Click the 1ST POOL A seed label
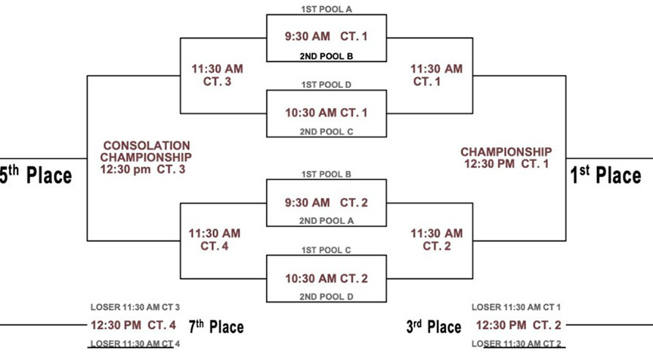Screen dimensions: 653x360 [326, 9]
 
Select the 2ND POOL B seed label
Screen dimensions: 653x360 [326, 56]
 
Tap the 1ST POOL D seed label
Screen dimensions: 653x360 [326, 85]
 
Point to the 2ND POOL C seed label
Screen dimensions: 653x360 [326, 132]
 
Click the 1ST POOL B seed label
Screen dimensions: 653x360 [326, 174]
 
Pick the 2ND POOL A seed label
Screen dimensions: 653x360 [326, 221]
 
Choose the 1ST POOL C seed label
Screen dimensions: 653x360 [326, 250]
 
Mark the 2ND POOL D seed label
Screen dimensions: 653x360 [326, 296]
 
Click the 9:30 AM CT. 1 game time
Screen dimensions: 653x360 [326, 36]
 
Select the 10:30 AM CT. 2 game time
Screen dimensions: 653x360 [326, 278]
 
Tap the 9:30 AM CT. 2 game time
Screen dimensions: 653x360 [326, 203]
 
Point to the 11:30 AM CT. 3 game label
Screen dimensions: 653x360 [217, 75]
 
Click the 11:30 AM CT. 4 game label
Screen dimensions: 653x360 [215, 240]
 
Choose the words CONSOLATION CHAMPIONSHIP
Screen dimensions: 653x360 [146, 151]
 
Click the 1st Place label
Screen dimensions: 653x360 [605, 175]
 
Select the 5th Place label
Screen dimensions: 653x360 [36, 175]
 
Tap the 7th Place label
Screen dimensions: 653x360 [216, 326]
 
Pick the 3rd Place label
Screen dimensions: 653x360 [434, 326]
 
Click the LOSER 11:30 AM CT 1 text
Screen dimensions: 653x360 [516, 307]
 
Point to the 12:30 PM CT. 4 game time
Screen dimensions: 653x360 [133, 325]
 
